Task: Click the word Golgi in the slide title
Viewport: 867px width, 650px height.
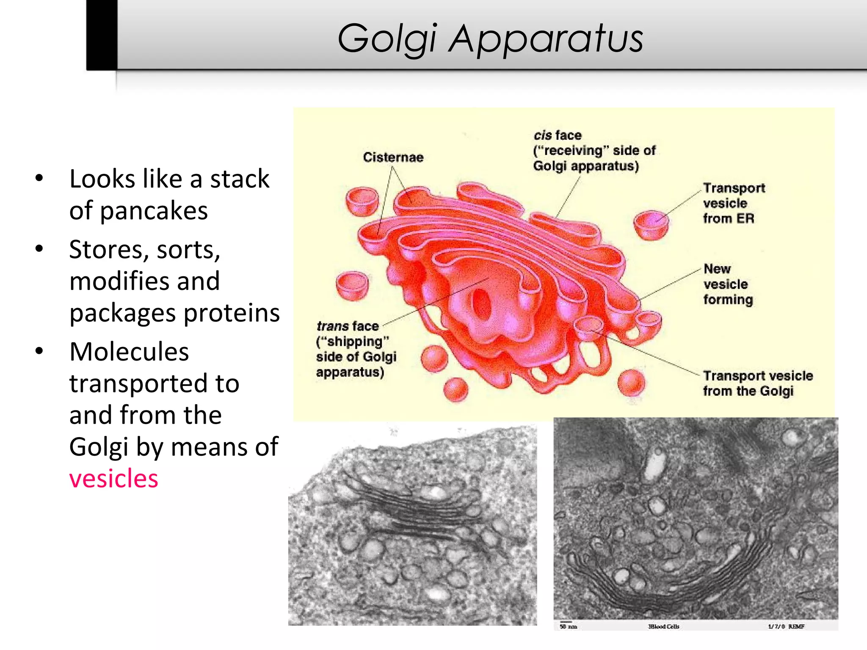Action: click(386, 39)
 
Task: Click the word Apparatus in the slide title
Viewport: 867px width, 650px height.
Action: click(546, 39)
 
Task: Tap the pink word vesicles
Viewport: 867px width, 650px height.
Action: click(113, 479)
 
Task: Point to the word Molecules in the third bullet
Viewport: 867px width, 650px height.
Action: click(129, 351)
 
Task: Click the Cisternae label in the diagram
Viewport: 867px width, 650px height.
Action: click(393, 157)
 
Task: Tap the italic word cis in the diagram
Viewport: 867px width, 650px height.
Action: click(542, 135)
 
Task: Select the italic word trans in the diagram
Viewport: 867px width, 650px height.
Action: click(332, 326)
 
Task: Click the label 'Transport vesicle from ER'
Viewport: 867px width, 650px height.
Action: click(733, 203)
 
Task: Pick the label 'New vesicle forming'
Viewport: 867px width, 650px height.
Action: click(728, 284)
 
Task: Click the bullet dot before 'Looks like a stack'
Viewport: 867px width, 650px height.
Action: click(39, 179)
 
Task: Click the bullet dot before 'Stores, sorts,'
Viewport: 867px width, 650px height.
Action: click(39, 249)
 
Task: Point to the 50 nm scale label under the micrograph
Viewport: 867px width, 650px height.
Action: click(568, 626)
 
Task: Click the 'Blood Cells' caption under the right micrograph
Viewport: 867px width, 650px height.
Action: click(663, 626)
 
